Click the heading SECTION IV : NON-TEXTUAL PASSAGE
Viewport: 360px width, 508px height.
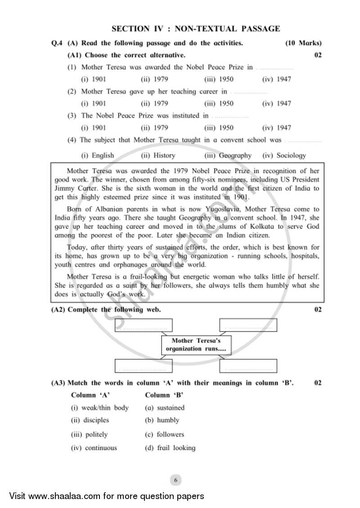(196, 29)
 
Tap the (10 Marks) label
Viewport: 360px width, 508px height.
(303, 43)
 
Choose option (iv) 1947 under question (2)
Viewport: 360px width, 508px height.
(276, 103)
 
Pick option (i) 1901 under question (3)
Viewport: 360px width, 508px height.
(93, 128)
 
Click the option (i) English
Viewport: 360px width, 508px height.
(97, 156)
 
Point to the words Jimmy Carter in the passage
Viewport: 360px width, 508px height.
(71, 188)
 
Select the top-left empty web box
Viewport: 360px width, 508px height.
(144, 325)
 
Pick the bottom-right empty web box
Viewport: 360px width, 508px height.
(248, 366)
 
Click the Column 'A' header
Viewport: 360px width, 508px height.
(90, 395)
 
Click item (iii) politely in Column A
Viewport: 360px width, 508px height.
(89, 434)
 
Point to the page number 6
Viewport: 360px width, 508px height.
(175, 480)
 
